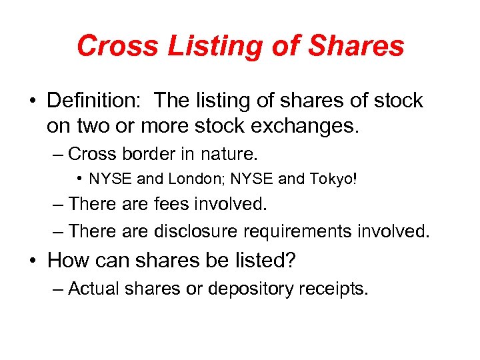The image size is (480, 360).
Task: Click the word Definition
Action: pos(93,101)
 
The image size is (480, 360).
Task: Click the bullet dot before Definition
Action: pos(33,101)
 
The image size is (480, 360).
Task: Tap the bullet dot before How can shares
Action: pos(33,261)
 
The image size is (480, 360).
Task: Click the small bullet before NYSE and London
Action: pos(79,179)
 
